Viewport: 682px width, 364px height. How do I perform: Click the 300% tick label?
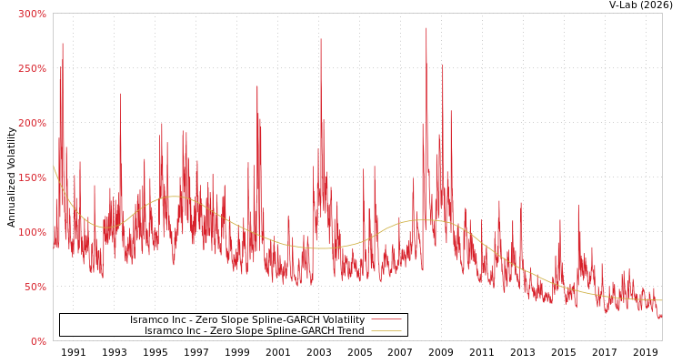tap(32, 14)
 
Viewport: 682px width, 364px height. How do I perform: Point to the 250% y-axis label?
tap(32, 68)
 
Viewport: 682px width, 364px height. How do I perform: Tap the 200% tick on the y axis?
tap(32, 123)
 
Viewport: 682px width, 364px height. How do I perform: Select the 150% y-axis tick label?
tap(32, 177)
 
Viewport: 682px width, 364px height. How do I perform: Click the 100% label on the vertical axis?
tap(32, 232)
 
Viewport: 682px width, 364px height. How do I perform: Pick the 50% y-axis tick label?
tap(35, 287)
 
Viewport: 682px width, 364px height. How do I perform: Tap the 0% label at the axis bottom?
tap(38, 341)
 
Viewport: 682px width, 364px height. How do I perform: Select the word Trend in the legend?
tap(350, 331)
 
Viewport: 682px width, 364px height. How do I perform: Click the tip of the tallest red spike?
tap(426, 28)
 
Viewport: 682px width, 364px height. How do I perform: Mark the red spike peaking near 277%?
tap(320, 39)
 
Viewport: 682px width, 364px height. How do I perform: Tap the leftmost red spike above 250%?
tap(63, 44)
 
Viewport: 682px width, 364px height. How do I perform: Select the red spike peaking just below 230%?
tap(120, 93)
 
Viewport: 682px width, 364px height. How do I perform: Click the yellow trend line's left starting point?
tap(54, 167)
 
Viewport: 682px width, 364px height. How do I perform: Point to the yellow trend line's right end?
tap(661, 300)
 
